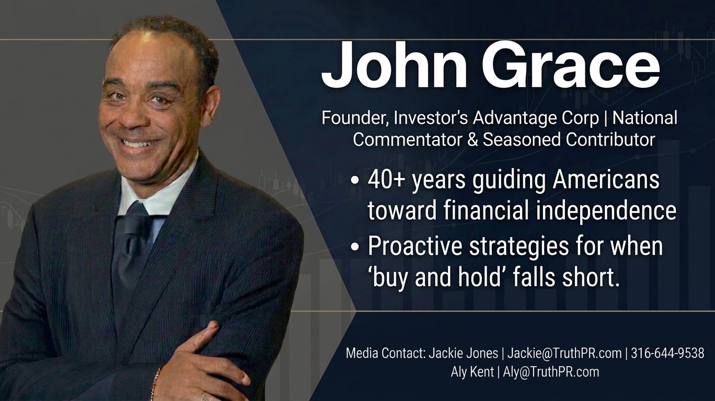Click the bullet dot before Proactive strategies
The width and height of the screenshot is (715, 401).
point(355,248)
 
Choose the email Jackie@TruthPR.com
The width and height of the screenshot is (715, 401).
point(564,353)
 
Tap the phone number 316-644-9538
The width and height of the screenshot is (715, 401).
point(667,353)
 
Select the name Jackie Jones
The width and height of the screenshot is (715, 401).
point(463,353)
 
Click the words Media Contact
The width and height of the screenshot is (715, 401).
point(385,353)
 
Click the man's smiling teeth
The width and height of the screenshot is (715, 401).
point(140,143)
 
